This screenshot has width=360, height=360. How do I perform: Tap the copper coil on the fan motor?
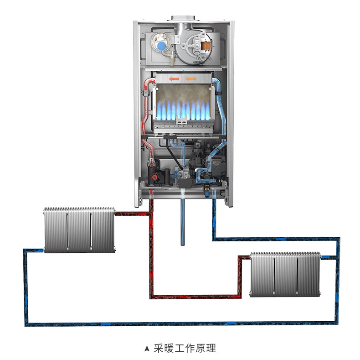coord(206,45)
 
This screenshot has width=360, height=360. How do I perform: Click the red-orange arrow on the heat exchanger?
coord(174,79)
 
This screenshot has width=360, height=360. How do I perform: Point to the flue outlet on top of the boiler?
coord(183,18)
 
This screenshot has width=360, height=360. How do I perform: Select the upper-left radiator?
coord(79,229)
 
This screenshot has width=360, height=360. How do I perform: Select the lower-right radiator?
coord(285,274)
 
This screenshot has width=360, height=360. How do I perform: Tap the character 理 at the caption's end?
coord(210,349)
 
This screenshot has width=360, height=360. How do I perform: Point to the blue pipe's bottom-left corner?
coord(26,323)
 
